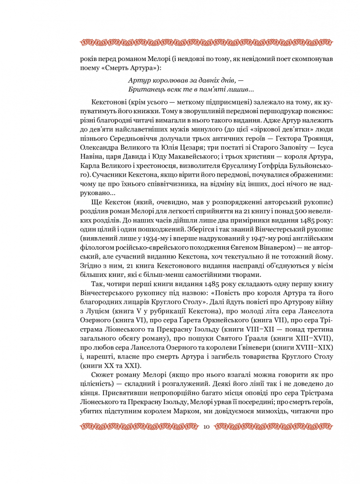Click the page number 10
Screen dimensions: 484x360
point(207,426)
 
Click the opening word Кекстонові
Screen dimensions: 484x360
point(108,104)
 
